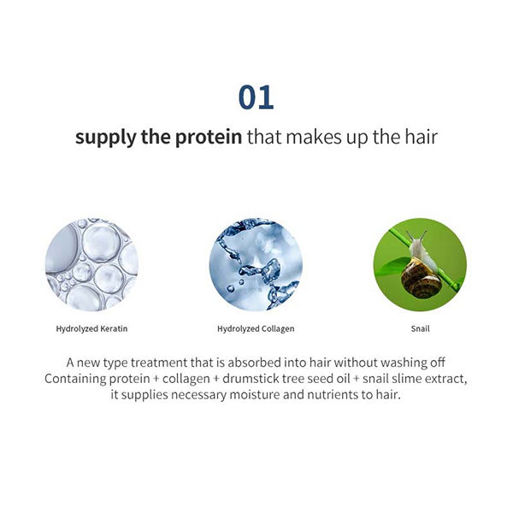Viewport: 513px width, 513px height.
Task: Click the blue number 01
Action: pos(256,97)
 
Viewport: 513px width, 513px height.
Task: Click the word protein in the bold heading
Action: pos(209,138)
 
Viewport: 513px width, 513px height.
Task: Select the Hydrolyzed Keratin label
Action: pos(91,329)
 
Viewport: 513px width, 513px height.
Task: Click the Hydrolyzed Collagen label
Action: pos(256,329)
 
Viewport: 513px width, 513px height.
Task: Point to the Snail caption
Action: pos(420,328)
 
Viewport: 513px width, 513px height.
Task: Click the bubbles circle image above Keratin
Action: pos(91,264)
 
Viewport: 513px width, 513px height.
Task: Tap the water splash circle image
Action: pos(256,264)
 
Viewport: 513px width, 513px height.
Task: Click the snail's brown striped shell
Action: pos(421,278)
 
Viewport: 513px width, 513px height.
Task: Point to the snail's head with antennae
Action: pos(417,242)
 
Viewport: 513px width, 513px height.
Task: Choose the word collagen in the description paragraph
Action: pos(186,380)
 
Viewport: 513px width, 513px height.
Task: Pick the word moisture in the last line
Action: pos(255,395)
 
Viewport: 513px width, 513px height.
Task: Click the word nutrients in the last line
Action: pos(333,395)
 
